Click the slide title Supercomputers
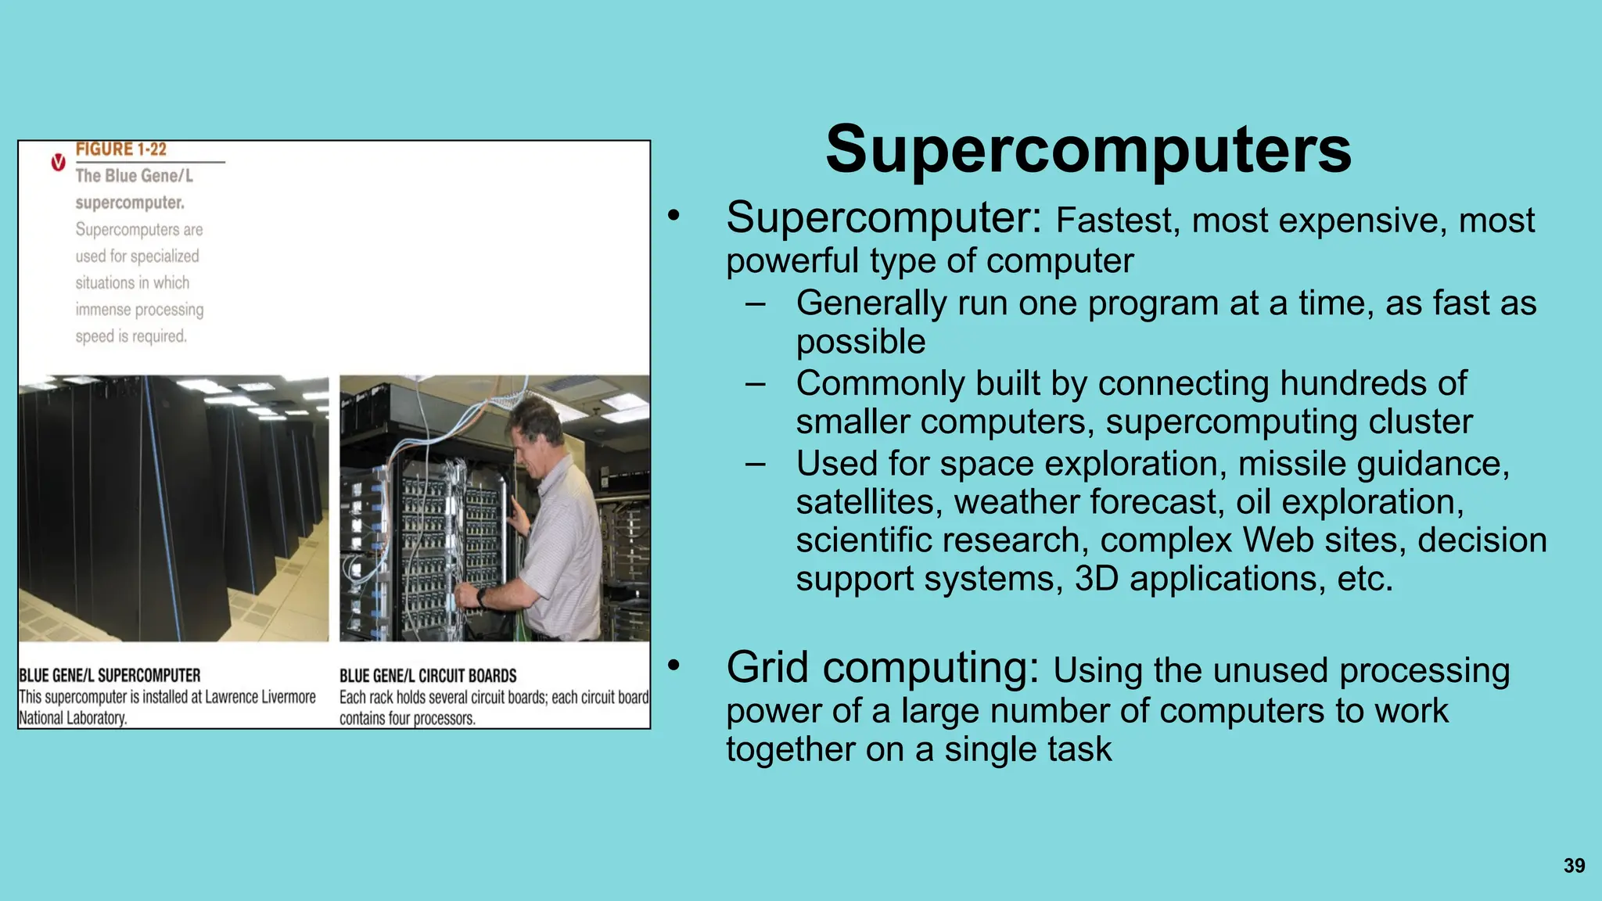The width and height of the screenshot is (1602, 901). [1088, 149]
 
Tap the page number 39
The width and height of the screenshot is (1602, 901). [1574, 866]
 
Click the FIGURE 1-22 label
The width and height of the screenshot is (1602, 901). [121, 149]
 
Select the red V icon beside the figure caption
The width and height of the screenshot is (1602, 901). [58, 163]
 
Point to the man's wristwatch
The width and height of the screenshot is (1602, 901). [482, 598]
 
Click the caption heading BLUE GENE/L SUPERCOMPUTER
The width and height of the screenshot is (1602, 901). [110, 675]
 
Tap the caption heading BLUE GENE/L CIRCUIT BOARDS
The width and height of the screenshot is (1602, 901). [428, 676]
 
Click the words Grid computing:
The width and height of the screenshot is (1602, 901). [882, 669]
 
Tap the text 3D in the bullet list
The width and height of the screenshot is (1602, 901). [1097, 579]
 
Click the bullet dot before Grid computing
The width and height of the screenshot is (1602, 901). [674, 666]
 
